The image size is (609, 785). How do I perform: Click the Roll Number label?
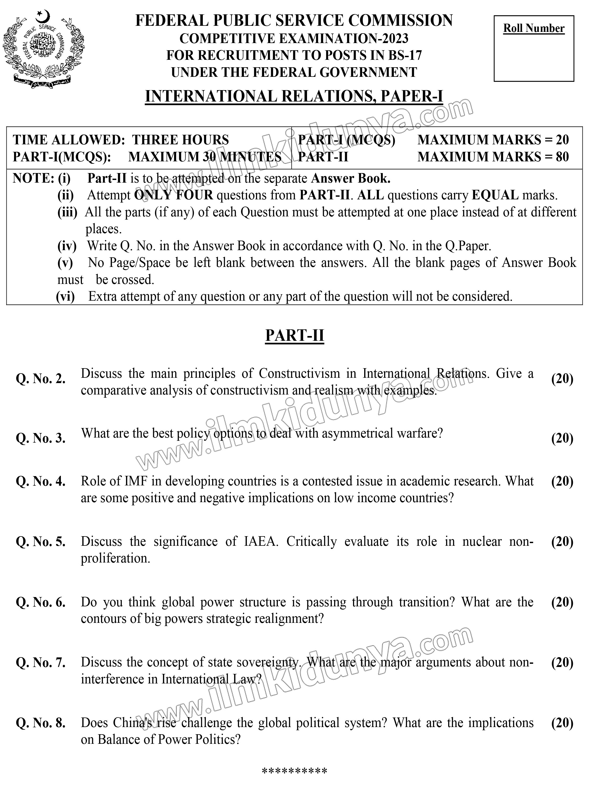[x=534, y=28]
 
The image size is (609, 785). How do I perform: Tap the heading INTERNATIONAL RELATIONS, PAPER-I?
[x=294, y=96]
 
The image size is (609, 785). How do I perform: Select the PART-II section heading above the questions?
[x=295, y=335]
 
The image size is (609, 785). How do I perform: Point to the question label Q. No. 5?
[x=41, y=542]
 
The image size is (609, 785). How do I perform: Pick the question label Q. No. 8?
[x=41, y=723]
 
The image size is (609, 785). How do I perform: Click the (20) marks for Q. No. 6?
[x=562, y=602]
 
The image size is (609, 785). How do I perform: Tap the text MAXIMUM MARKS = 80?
[x=493, y=157]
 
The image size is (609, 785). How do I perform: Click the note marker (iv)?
[x=67, y=246]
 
